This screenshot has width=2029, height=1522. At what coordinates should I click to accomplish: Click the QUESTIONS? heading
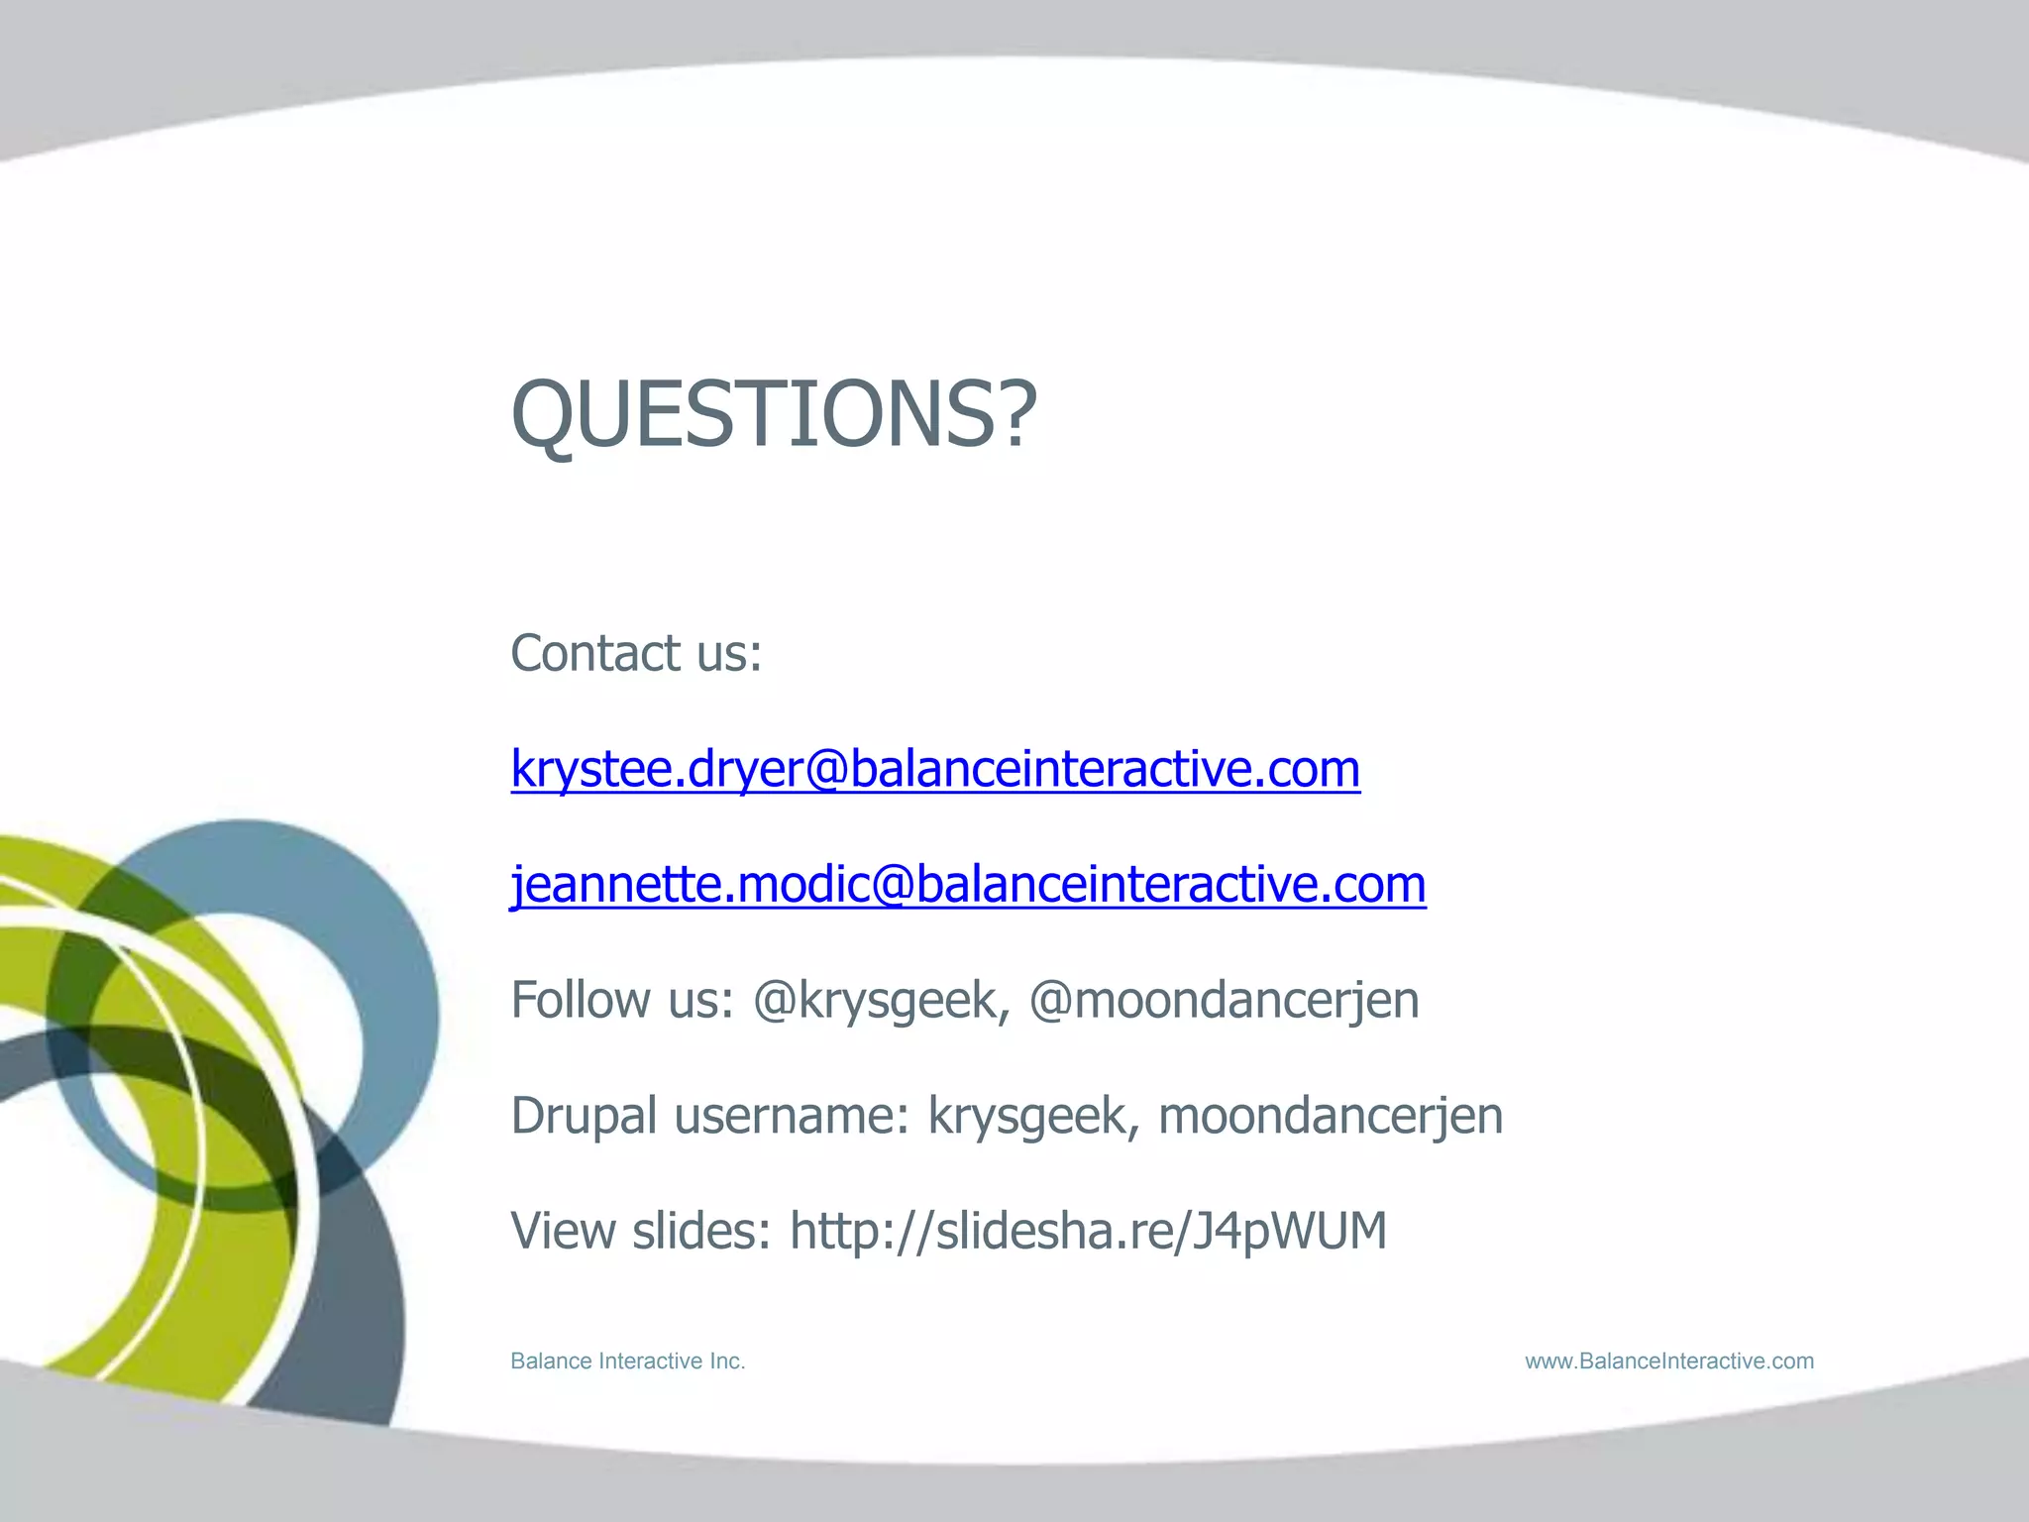[x=773, y=414]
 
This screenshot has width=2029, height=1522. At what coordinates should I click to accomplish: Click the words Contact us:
[x=636, y=654]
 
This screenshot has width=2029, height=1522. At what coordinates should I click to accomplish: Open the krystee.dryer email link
[x=935, y=770]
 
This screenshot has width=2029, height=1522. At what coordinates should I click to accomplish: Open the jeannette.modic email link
[x=968, y=885]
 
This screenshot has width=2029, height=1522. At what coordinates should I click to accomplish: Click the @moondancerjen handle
[x=1224, y=1001]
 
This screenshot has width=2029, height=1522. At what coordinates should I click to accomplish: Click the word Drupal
[x=584, y=1117]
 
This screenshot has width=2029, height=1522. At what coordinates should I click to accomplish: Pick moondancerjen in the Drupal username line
[x=1330, y=1117]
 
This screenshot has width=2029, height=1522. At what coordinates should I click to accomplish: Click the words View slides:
[x=640, y=1232]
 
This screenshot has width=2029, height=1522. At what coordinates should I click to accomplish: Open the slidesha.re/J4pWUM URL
[x=1088, y=1232]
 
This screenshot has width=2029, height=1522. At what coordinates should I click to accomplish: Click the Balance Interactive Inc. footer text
[x=627, y=1361]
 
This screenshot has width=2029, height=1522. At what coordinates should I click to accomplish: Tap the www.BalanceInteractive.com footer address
[x=1669, y=1361]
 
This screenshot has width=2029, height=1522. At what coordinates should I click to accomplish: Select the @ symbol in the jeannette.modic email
[x=893, y=885]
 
